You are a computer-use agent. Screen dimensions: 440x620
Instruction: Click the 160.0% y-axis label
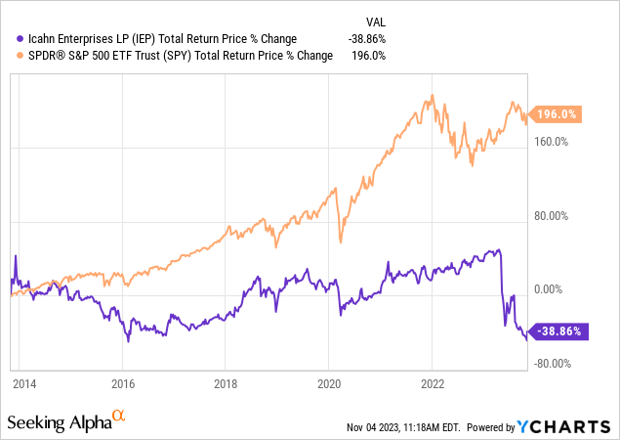click(553, 142)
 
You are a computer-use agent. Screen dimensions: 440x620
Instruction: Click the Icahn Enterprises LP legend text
click(156, 38)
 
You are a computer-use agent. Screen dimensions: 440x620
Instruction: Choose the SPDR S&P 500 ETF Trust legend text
click(172, 56)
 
